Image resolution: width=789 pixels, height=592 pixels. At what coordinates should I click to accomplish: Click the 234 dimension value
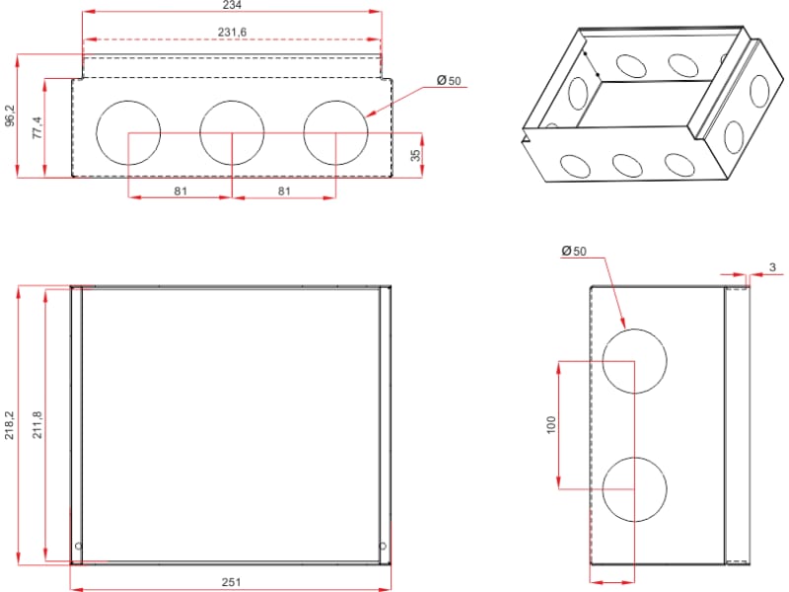point(232,5)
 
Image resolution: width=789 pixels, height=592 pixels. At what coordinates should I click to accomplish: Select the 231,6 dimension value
point(232,33)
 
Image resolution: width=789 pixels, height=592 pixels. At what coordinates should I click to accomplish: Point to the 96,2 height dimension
point(10,115)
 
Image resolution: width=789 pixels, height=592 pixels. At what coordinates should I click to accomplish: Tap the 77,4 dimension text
point(37,128)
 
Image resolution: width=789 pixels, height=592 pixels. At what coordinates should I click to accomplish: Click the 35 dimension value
point(415,155)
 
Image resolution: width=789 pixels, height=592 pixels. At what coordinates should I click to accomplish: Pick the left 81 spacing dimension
point(180,191)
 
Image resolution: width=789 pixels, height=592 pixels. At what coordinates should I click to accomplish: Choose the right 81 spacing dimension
point(284,191)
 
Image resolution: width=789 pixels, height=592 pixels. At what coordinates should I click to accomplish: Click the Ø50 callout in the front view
point(449,81)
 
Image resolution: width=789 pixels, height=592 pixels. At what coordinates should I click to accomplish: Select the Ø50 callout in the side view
point(574,251)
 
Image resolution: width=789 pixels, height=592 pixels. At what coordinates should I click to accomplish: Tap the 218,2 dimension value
point(10,425)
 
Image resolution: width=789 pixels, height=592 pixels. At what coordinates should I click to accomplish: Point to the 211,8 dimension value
point(37,425)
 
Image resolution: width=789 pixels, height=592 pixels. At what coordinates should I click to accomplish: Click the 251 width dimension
point(232,582)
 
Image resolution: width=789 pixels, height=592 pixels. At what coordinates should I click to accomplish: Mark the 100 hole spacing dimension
point(551,425)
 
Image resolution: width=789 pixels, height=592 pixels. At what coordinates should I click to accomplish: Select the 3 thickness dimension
point(773,267)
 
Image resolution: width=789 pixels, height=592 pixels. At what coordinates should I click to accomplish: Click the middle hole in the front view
point(232,133)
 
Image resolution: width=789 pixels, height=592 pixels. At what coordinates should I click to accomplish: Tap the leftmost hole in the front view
point(128,133)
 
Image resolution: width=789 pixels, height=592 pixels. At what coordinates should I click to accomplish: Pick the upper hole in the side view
point(634,361)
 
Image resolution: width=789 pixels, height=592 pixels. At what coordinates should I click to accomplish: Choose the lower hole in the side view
point(634,489)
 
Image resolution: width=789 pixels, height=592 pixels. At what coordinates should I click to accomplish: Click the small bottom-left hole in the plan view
point(79,547)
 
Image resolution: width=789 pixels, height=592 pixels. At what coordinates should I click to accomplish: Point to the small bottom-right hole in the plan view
point(383,547)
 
